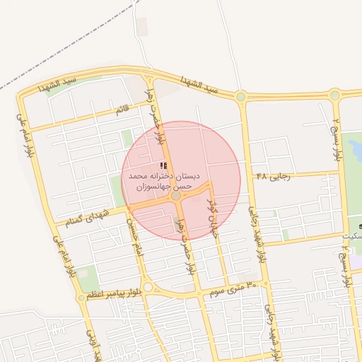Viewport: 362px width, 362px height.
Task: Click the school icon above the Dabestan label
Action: point(165,165)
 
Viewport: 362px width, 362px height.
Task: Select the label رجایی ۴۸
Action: point(271,175)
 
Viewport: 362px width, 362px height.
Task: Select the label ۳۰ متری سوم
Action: point(228,286)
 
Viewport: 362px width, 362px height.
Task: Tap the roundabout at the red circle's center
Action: point(176,196)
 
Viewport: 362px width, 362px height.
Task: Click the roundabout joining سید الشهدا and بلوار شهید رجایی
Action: point(241,96)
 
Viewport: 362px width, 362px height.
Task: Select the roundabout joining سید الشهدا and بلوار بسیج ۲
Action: point(335,95)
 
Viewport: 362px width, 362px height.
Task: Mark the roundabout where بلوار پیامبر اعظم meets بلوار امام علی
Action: point(81,298)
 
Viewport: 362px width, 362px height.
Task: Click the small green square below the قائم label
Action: point(127,137)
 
